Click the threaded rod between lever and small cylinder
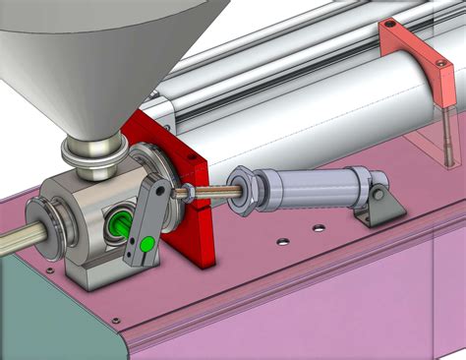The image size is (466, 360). click(206, 192)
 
